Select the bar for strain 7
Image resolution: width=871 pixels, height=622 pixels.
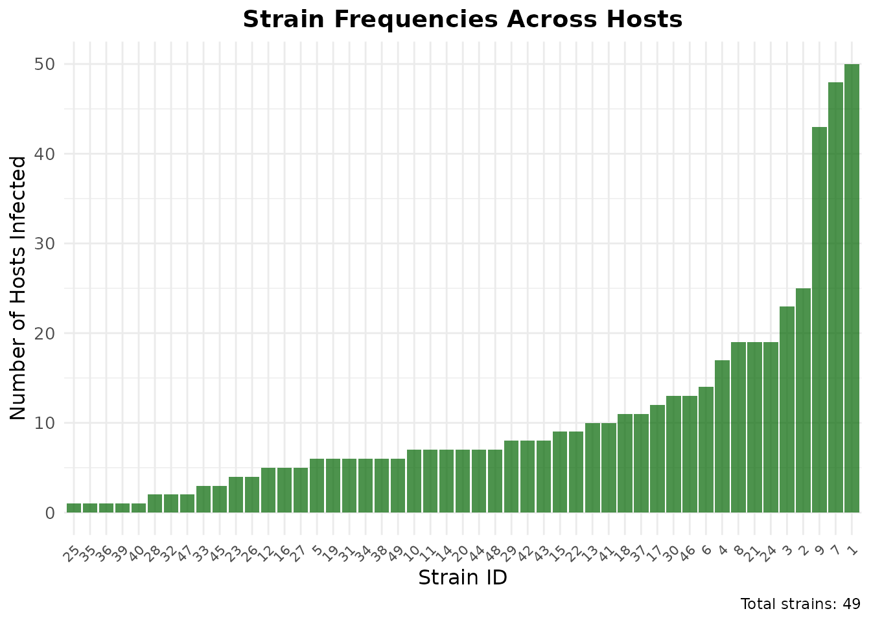point(835,297)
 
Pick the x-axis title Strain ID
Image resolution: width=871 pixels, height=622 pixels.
point(463,577)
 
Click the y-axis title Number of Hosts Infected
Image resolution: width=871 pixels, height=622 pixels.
point(19,288)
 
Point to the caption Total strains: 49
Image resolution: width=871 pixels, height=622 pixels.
point(800,605)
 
